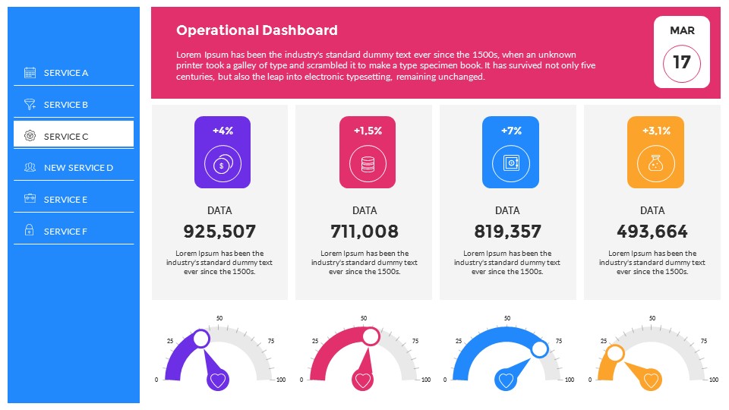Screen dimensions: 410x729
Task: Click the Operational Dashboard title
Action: click(x=257, y=30)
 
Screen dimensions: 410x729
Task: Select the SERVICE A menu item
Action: click(x=66, y=73)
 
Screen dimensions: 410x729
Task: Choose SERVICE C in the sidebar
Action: click(x=66, y=137)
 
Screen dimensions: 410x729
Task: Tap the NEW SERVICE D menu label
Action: click(x=78, y=168)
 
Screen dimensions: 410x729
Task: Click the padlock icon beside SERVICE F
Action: click(x=30, y=231)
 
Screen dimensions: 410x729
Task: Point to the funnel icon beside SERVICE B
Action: click(x=30, y=104)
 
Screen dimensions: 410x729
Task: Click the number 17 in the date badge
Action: click(x=682, y=62)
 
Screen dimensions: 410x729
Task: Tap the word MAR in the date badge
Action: click(x=682, y=31)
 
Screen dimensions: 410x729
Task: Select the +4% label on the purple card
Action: click(x=222, y=131)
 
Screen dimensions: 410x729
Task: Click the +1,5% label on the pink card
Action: click(x=368, y=131)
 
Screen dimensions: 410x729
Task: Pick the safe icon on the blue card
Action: click(x=510, y=162)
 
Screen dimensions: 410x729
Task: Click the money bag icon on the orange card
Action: click(x=655, y=162)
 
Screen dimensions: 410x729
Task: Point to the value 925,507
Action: click(x=219, y=232)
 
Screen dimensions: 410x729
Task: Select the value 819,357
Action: click(x=507, y=232)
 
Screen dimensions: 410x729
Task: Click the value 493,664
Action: click(x=652, y=232)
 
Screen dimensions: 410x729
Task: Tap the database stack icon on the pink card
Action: click(x=368, y=162)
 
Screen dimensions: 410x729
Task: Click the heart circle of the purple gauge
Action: click(x=218, y=380)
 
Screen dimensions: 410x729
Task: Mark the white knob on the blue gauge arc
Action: click(x=539, y=349)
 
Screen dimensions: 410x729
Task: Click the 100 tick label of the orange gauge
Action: click(x=713, y=380)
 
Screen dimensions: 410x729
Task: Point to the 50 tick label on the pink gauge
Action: click(x=364, y=318)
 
